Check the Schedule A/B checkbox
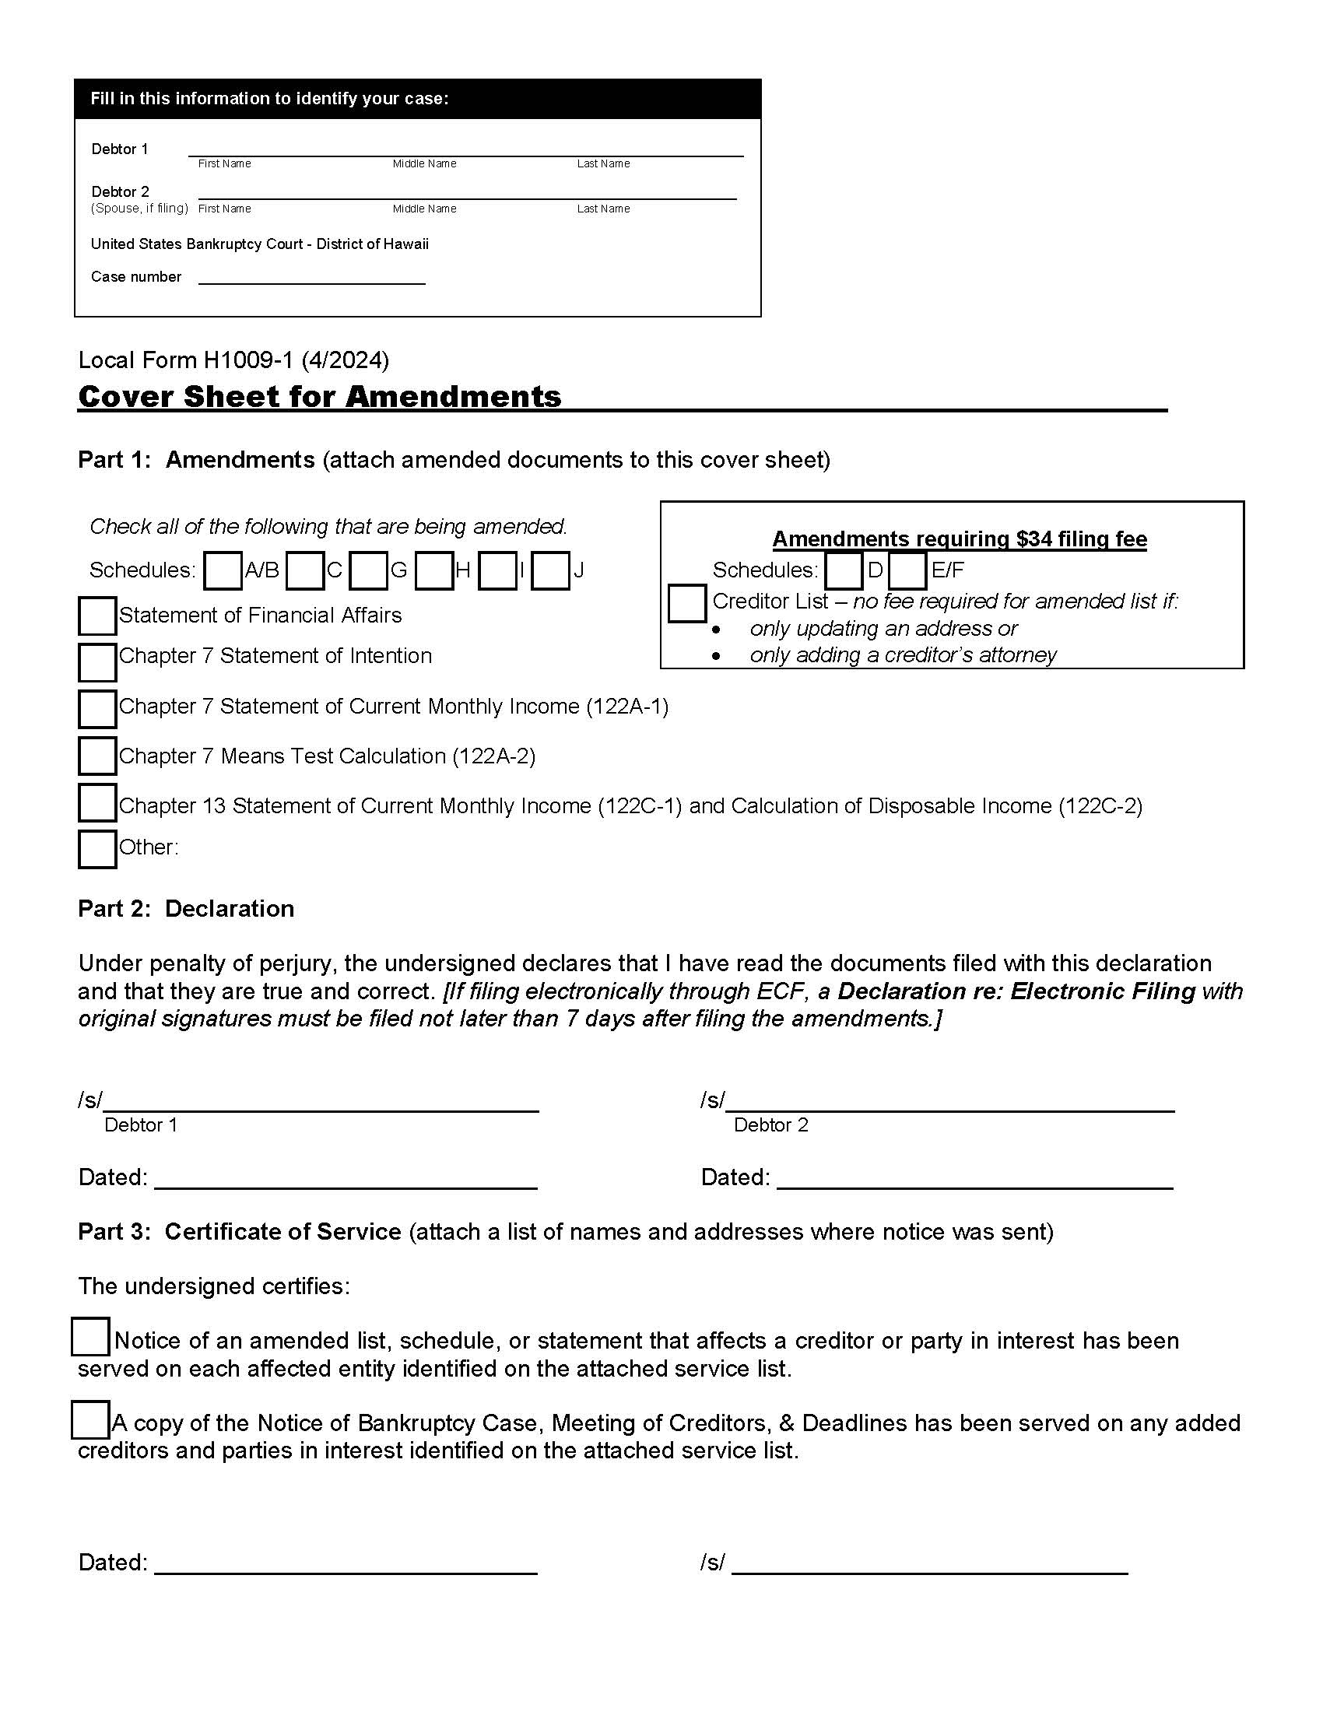point(223,570)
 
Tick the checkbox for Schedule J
point(550,570)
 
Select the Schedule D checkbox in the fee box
point(844,570)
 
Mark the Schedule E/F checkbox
point(907,570)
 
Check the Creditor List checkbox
point(687,603)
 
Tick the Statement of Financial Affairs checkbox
point(97,616)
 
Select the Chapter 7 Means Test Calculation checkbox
point(97,756)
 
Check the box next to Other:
point(97,849)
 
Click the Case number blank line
point(311,277)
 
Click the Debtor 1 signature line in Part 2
point(321,1100)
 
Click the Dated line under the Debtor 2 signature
point(974,1177)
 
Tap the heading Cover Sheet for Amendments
point(320,397)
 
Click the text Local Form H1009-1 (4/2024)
point(233,360)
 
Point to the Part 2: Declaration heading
point(186,908)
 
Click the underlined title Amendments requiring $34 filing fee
point(960,539)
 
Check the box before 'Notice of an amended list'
point(90,1337)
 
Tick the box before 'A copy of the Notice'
point(90,1419)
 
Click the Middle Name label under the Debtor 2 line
point(424,209)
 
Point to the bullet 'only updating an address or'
point(883,629)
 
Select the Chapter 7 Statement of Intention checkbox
point(97,662)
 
